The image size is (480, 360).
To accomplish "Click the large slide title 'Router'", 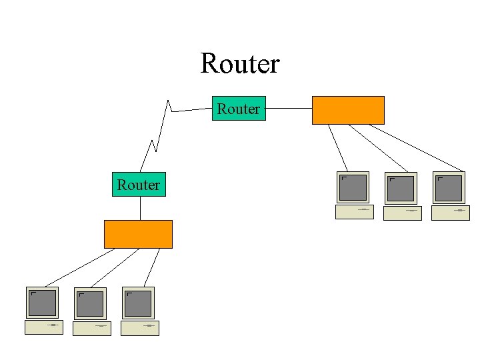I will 240,64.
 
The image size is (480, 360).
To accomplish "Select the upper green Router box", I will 239,109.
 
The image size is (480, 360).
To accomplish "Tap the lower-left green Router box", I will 139,185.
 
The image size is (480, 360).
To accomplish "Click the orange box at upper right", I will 348,110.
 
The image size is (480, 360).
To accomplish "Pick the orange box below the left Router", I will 138,234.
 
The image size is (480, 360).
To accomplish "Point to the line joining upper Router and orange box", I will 289,108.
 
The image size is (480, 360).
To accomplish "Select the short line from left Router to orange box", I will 140,208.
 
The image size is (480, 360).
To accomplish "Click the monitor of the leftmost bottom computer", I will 43,303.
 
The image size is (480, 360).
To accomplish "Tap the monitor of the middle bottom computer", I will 91,304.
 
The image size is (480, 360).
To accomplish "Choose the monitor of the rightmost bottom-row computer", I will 138,303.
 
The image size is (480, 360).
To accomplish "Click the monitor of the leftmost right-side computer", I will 353,187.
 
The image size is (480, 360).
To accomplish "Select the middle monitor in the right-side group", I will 401,189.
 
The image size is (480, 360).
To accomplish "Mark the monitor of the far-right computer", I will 449,188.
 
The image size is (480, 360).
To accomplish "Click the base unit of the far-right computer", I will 451,213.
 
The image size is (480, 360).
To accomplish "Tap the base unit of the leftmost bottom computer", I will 44,327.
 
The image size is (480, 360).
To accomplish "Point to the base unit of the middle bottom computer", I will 92,328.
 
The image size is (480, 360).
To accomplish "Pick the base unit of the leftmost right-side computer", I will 355,212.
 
